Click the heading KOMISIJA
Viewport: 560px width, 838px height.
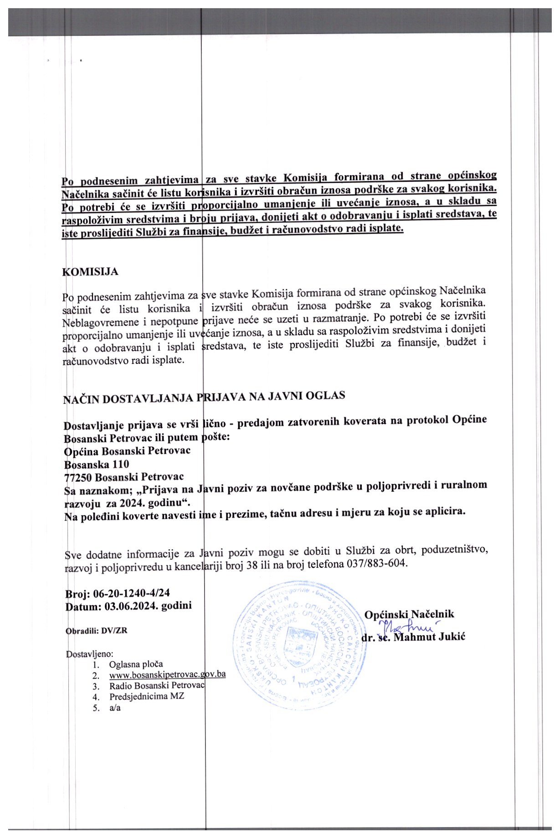point(90,272)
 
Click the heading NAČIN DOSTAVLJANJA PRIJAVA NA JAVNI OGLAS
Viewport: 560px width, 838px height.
point(204,397)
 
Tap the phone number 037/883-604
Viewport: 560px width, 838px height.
point(376,563)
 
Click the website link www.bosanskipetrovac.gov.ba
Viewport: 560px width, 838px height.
point(167,674)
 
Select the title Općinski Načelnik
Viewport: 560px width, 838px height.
point(409,614)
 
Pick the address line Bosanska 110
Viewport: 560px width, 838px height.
point(97,464)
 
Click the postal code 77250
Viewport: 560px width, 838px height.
point(78,477)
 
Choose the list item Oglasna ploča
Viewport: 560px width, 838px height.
point(136,664)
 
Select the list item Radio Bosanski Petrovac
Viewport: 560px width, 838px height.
point(157,685)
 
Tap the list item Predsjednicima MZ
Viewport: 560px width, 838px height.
point(146,696)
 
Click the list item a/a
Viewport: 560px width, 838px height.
point(115,707)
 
